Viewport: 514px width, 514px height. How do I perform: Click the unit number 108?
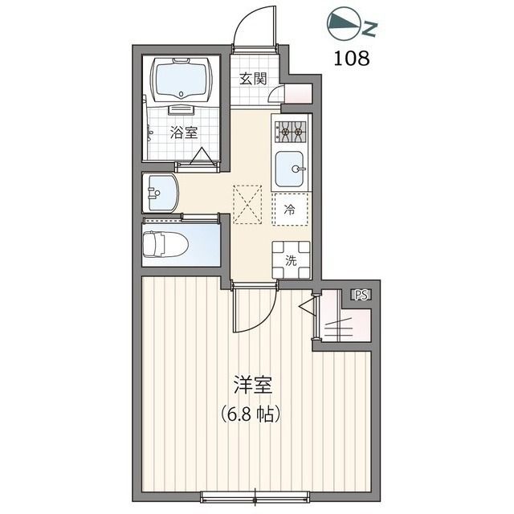click(352, 59)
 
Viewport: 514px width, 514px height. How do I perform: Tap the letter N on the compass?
click(369, 29)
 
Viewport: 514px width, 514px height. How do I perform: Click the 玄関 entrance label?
click(253, 79)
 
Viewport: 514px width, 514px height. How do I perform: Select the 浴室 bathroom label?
click(183, 133)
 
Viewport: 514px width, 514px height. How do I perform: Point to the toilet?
click(166, 244)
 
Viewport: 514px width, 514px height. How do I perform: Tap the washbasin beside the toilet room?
click(161, 193)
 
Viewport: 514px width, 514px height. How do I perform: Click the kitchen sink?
click(289, 169)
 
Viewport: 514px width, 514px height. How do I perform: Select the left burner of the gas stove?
click(284, 132)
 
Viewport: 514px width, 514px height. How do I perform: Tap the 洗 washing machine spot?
click(291, 260)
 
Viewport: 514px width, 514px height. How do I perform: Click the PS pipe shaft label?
click(361, 295)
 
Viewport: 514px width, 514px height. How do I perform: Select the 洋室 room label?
click(253, 385)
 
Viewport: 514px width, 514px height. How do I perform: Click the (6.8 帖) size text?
click(251, 414)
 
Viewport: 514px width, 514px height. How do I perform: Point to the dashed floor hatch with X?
click(248, 205)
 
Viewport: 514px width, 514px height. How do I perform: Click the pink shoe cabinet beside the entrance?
click(298, 94)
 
